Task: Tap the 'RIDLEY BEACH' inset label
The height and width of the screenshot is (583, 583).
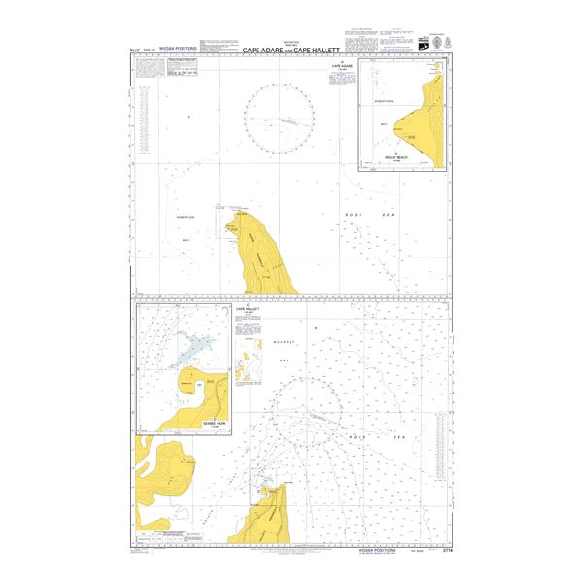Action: tap(398, 156)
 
